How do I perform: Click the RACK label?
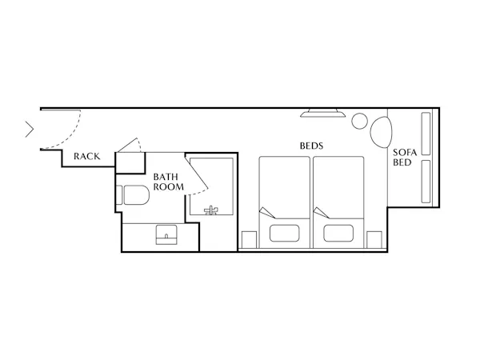pyautogui.click(x=87, y=157)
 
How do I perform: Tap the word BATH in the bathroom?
pyautogui.click(x=166, y=177)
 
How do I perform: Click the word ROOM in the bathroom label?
pyautogui.click(x=168, y=186)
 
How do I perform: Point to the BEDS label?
pyautogui.click(x=311, y=146)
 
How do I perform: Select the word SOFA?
pyautogui.click(x=405, y=153)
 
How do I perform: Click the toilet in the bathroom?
pyautogui.click(x=133, y=195)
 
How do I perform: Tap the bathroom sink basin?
pyautogui.click(x=166, y=234)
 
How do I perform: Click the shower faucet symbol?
pyautogui.click(x=211, y=210)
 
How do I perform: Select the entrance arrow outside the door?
pyautogui.click(x=30, y=130)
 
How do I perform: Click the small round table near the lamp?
pyautogui.click(x=359, y=121)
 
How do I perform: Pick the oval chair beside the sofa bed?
pyautogui.click(x=381, y=132)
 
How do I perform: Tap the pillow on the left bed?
pyautogui.click(x=284, y=234)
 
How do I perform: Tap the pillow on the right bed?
pyautogui.click(x=338, y=234)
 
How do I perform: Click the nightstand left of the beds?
pyautogui.click(x=249, y=240)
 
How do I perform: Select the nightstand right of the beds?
pyautogui.click(x=374, y=240)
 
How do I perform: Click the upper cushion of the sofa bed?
pyautogui.click(x=426, y=134)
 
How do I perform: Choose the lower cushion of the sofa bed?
pyautogui.click(x=426, y=182)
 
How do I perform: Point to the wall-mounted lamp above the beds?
pyautogui.click(x=322, y=113)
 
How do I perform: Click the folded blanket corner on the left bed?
pyautogui.click(x=267, y=213)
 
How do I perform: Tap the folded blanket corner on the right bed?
pyautogui.click(x=321, y=213)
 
